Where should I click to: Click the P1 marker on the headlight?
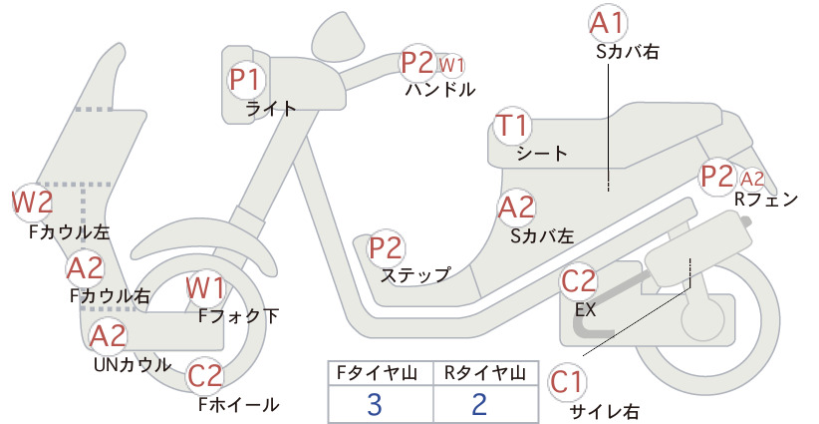(x=246, y=80)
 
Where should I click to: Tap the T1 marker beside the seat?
(x=512, y=126)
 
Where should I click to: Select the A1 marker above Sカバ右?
(x=608, y=24)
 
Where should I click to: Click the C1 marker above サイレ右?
(x=567, y=382)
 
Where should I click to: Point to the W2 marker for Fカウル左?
(x=33, y=203)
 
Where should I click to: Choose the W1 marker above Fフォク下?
(x=206, y=289)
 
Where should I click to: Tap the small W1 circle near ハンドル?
(x=451, y=66)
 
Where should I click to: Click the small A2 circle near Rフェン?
(x=752, y=180)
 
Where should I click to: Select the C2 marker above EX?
(x=579, y=281)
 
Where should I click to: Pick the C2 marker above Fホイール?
(x=205, y=376)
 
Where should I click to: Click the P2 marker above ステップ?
(x=387, y=248)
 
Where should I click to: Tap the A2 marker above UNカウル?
(x=109, y=336)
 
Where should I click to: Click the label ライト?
(x=271, y=109)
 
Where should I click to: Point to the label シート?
(x=542, y=154)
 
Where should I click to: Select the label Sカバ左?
(x=542, y=236)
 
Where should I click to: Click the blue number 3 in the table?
(x=374, y=404)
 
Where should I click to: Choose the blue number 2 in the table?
(x=479, y=404)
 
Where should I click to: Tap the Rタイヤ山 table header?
(x=485, y=373)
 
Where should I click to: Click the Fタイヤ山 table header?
(x=378, y=373)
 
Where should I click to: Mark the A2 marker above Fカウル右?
(x=85, y=268)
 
